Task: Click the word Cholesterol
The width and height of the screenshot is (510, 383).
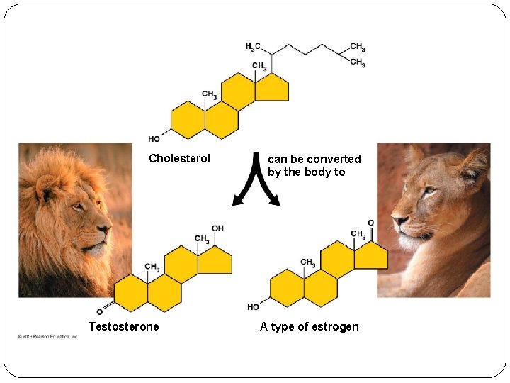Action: [x=179, y=159]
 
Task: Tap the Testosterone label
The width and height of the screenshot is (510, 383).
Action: [x=123, y=326]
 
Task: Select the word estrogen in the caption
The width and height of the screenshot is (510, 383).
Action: [x=334, y=327]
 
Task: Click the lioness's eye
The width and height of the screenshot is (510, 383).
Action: [x=427, y=190]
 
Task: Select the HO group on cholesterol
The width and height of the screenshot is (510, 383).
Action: [x=154, y=139]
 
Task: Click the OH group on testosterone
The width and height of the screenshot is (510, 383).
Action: [x=217, y=228]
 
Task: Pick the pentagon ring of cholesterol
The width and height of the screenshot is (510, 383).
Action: [x=272, y=87]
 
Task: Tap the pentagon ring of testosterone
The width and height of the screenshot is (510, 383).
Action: [x=215, y=260]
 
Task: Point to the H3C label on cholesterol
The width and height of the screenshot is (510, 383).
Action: [x=253, y=48]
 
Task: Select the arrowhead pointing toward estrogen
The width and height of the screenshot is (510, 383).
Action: [x=275, y=201]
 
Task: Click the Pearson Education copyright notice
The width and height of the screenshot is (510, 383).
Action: [x=48, y=336]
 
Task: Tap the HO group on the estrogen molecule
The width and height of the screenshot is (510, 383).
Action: [x=253, y=307]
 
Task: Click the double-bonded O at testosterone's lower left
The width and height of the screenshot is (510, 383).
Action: [x=100, y=311]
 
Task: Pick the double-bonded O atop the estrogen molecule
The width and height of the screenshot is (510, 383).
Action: [x=371, y=223]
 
